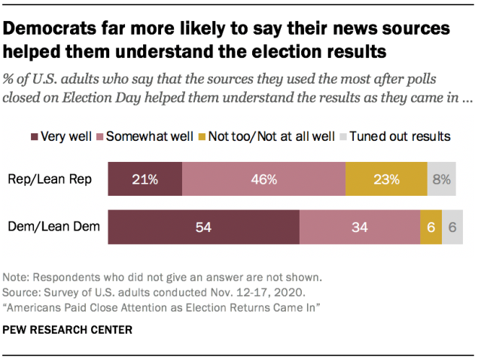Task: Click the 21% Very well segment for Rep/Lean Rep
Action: (145, 179)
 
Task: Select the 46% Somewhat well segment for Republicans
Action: (263, 179)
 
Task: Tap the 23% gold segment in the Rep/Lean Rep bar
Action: (386, 179)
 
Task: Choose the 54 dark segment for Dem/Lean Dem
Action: (203, 228)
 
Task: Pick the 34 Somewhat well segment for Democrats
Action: (359, 228)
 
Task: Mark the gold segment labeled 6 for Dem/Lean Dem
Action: (431, 228)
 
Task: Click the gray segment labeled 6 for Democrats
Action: (452, 228)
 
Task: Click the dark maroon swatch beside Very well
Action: (35, 136)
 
